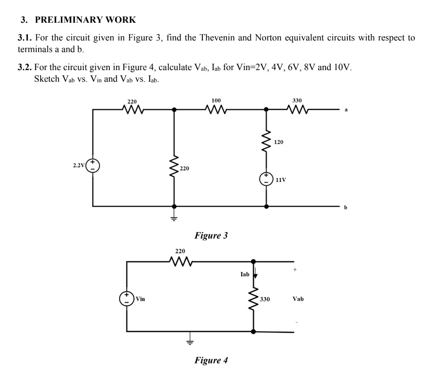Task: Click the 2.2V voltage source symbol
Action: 93,165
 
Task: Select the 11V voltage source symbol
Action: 266,179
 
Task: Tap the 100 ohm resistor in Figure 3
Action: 216,110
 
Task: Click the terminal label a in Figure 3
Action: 345,110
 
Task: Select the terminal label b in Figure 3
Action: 345,207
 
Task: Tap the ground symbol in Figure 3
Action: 174,218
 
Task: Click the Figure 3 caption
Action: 211,235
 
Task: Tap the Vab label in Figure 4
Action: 298,299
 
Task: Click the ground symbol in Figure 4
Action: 189,343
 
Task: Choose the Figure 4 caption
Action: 211,360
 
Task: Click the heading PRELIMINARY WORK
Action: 86,20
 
